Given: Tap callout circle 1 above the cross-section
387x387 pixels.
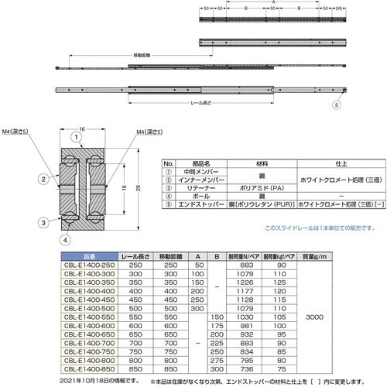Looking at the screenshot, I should tap(77, 138).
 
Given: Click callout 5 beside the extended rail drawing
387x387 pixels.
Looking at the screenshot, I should tap(336, 104).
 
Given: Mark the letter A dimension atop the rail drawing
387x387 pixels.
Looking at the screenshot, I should tap(273, 4).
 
